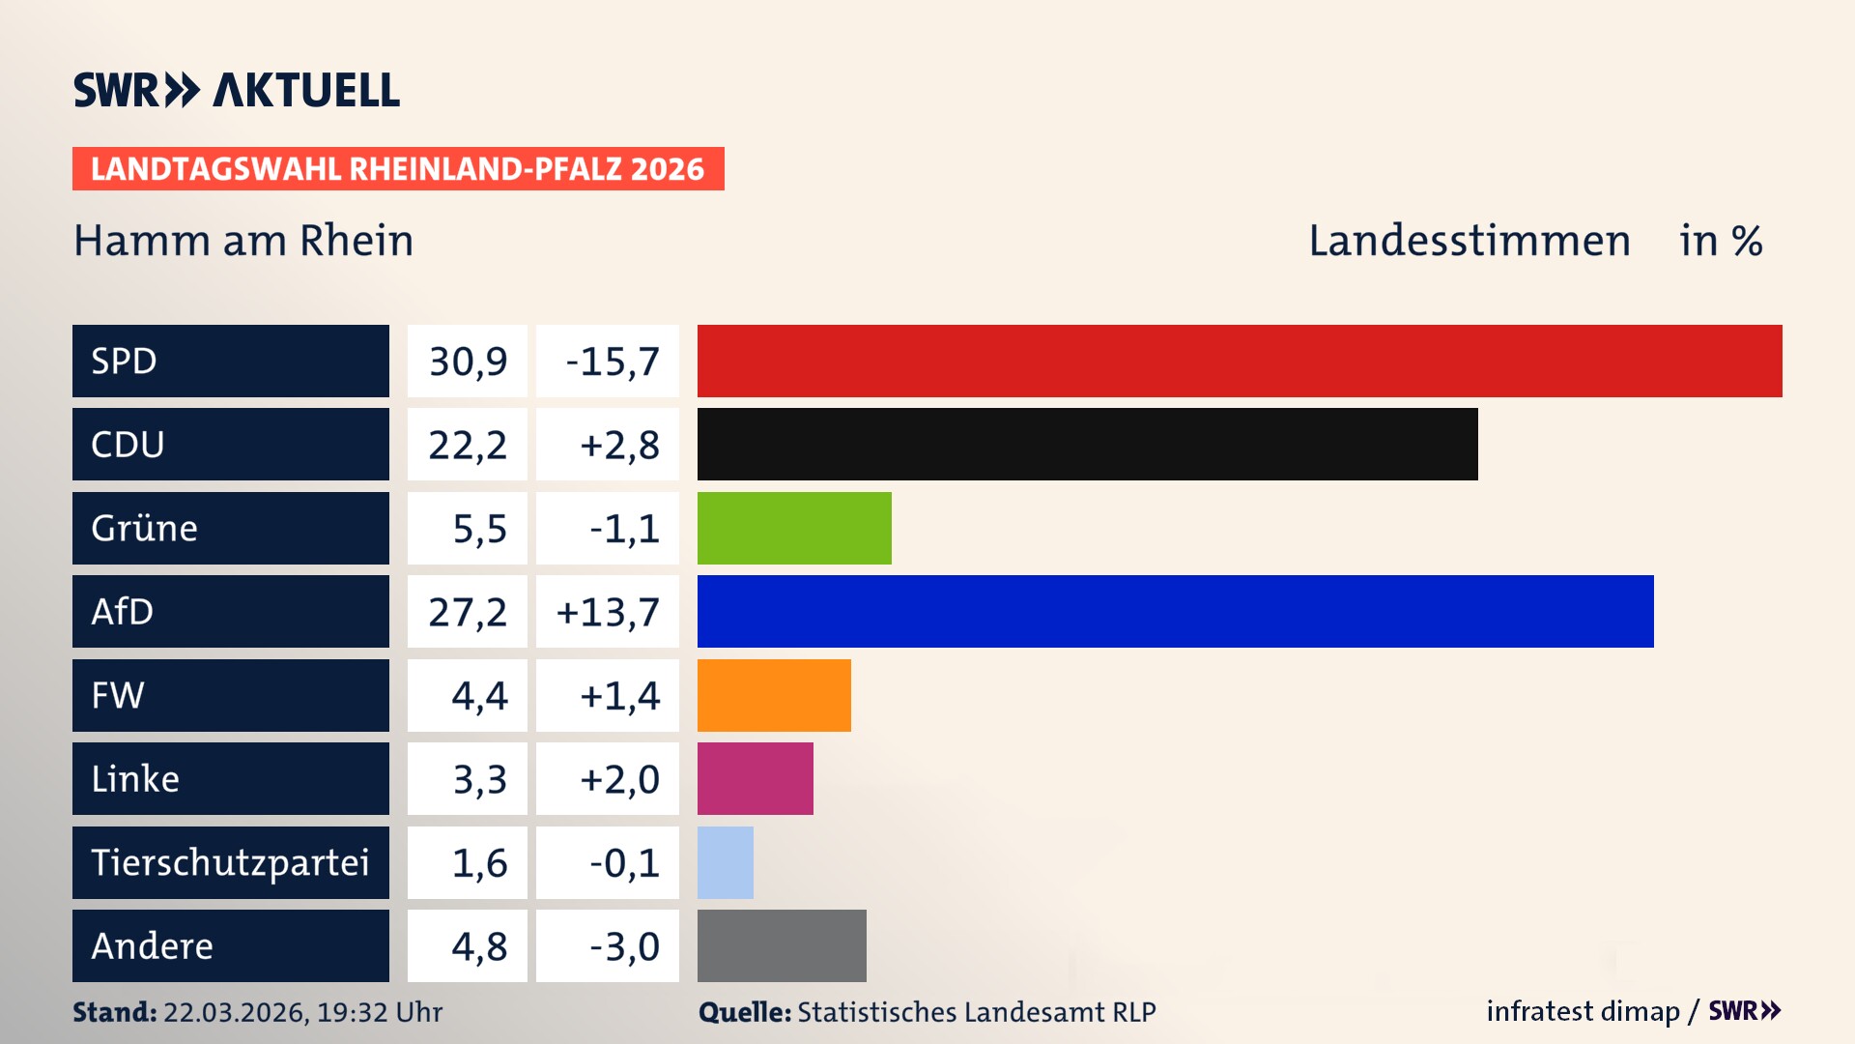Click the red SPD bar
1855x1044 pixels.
[x=1240, y=361]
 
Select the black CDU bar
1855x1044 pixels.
[x=1087, y=444]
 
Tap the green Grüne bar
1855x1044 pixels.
[x=794, y=528]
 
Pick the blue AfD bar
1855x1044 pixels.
[x=1175, y=611]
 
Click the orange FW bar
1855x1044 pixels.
[x=774, y=695]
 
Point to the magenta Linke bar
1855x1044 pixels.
[x=755, y=778]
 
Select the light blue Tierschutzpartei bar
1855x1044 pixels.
[x=725, y=862]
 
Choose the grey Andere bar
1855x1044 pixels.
[x=782, y=945]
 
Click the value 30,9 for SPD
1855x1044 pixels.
[x=468, y=362]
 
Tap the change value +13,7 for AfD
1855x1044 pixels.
[x=608, y=612]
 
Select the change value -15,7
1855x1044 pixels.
[x=612, y=362]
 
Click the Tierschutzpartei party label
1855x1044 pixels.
[x=230, y=862]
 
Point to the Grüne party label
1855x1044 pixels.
[x=145, y=528]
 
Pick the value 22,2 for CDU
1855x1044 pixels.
[x=468, y=445]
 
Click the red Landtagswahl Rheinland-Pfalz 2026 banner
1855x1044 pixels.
[x=398, y=169]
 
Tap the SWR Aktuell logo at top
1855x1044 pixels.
[x=237, y=90]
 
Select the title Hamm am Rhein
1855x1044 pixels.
[x=243, y=241]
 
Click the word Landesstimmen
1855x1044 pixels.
[x=1469, y=241]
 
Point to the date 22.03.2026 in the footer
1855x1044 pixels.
[x=235, y=1012]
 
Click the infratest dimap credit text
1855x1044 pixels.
[x=1582, y=1011]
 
